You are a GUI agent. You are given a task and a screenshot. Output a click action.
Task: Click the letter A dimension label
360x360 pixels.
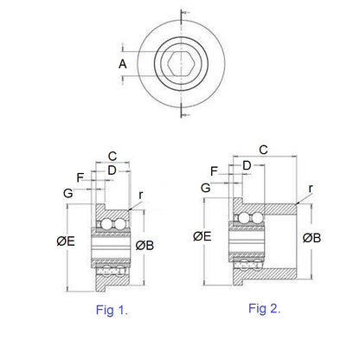[122, 64]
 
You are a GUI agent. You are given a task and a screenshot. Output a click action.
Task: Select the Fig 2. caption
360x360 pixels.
[264, 308]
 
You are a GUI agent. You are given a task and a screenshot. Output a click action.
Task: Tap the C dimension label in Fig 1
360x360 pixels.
[112, 157]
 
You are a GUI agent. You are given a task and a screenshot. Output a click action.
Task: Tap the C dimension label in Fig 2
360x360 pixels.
[263, 150]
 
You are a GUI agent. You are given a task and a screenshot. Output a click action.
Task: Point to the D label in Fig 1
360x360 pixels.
[111, 170]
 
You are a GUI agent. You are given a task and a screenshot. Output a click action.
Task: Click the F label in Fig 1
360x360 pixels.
[81, 177]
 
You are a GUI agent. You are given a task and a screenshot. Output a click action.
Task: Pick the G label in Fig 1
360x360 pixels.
[68, 192]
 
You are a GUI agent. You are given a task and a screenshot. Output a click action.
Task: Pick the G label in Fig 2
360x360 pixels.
[206, 187]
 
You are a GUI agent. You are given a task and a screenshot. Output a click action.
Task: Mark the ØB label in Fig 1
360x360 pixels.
[146, 244]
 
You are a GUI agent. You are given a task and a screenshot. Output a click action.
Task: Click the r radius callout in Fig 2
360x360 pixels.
[311, 187]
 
